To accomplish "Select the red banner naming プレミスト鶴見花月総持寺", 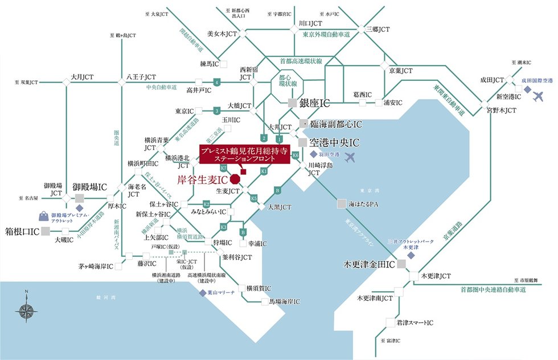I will click(244, 155).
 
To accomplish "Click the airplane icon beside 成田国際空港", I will click(539, 95).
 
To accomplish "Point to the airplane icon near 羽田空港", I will click(351, 155).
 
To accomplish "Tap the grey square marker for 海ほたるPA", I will click(340, 203).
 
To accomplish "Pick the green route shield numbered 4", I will click(216, 83).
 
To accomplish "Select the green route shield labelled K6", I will click(295, 154).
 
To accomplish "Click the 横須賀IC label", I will click(259, 288).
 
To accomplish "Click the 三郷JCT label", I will click(377, 28).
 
